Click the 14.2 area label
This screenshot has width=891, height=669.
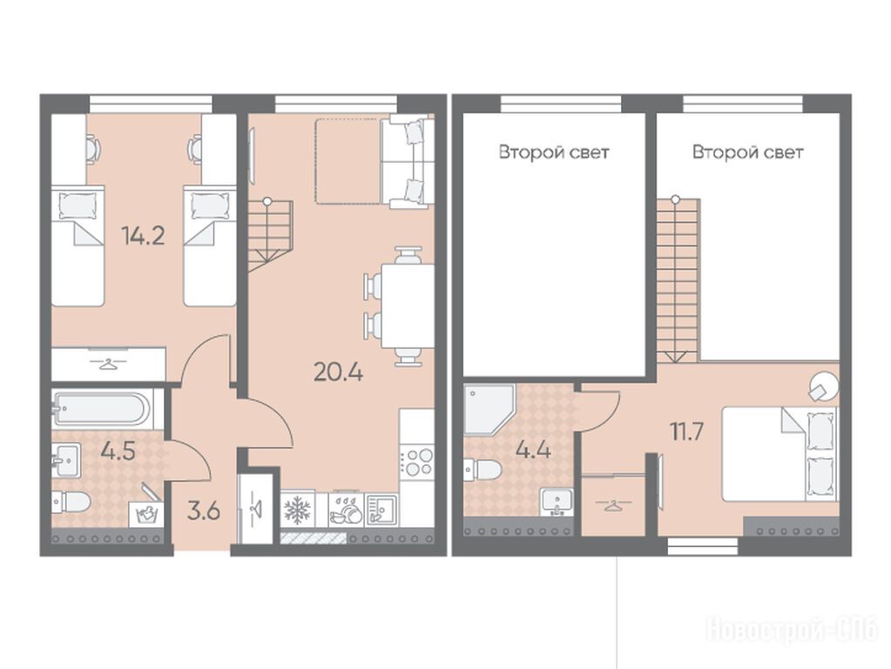click(x=143, y=235)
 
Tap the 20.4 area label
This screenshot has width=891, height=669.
click(x=338, y=372)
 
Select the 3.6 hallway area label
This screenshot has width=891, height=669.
click(x=204, y=511)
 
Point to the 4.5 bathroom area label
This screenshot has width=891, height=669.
click(x=118, y=451)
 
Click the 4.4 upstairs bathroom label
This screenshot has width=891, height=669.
click(x=533, y=450)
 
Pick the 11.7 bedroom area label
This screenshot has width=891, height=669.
click(x=687, y=432)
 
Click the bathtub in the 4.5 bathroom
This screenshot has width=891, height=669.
click(x=102, y=408)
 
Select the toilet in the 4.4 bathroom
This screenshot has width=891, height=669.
click(x=483, y=470)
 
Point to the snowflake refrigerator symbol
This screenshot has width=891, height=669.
click(x=297, y=510)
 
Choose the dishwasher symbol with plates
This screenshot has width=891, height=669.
click(x=347, y=510)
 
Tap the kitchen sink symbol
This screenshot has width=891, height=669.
click(x=381, y=510)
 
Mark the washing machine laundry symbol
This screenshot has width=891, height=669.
click(x=147, y=514)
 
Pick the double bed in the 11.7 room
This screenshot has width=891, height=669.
click(x=780, y=454)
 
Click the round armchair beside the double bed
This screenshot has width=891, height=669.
click(x=822, y=387)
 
